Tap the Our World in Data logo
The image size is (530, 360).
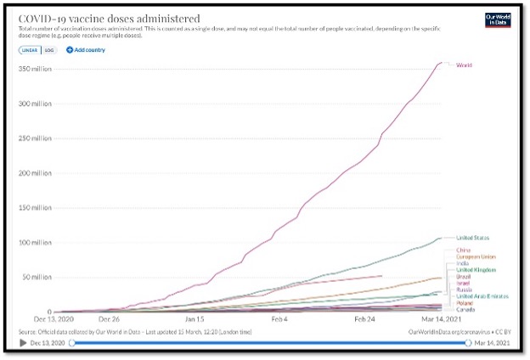pos(495,20)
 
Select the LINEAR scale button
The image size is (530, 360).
pos(28,50)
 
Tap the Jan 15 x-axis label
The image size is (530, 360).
pos(196,319)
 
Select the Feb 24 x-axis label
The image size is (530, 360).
pos(364,319)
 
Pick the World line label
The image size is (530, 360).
pos(464,65)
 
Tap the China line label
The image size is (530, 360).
pos(463,250)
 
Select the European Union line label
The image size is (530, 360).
pos(476,257)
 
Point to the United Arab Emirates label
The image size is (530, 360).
pos(482,295)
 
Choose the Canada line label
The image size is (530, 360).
pos(466,309)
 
